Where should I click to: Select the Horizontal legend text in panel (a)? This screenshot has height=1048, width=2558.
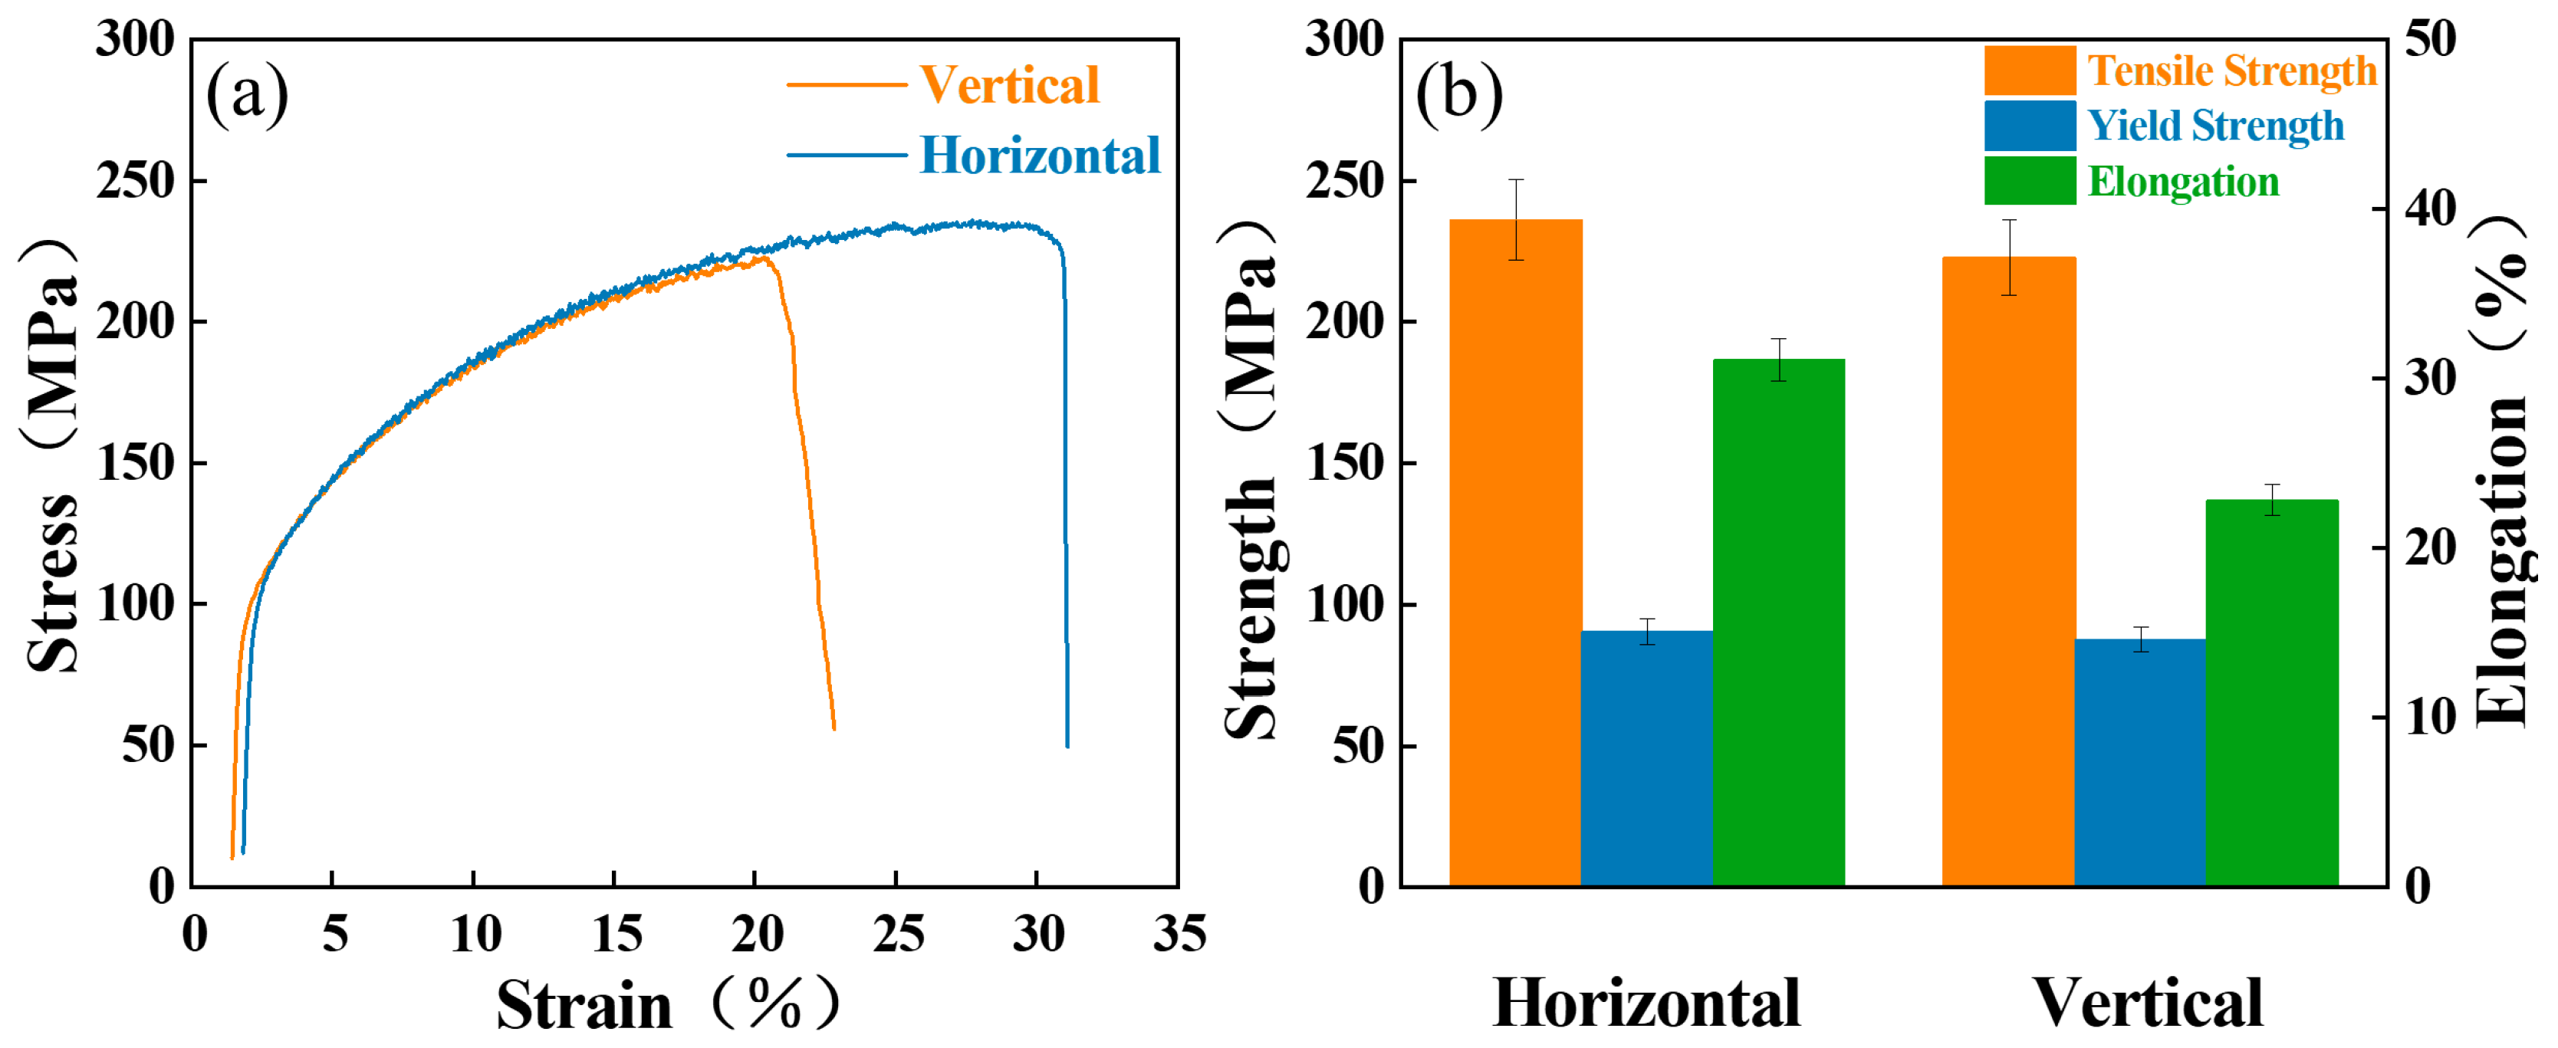[x=1040, y=156]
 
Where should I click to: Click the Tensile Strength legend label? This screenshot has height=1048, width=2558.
[x=2231, y=71]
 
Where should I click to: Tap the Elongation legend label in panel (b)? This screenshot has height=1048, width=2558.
[x=2182, y=182]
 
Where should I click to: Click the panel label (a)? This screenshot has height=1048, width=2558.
[x=246, y=94]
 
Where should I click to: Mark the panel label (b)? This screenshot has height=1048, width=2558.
[x=1458, y=94]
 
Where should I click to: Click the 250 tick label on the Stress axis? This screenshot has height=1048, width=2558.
[x=135, y=182]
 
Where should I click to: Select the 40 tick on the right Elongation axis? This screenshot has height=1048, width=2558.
[x=2430, y=209]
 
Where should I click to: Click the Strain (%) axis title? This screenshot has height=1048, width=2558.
[x=667, y=1004]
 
